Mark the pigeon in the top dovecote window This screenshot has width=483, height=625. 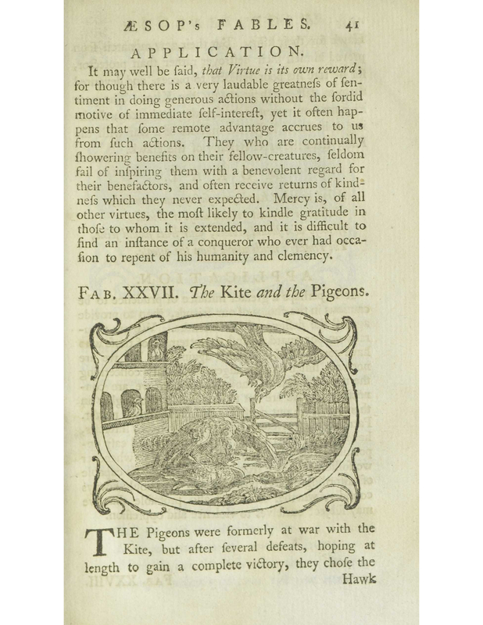pos(156,350)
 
